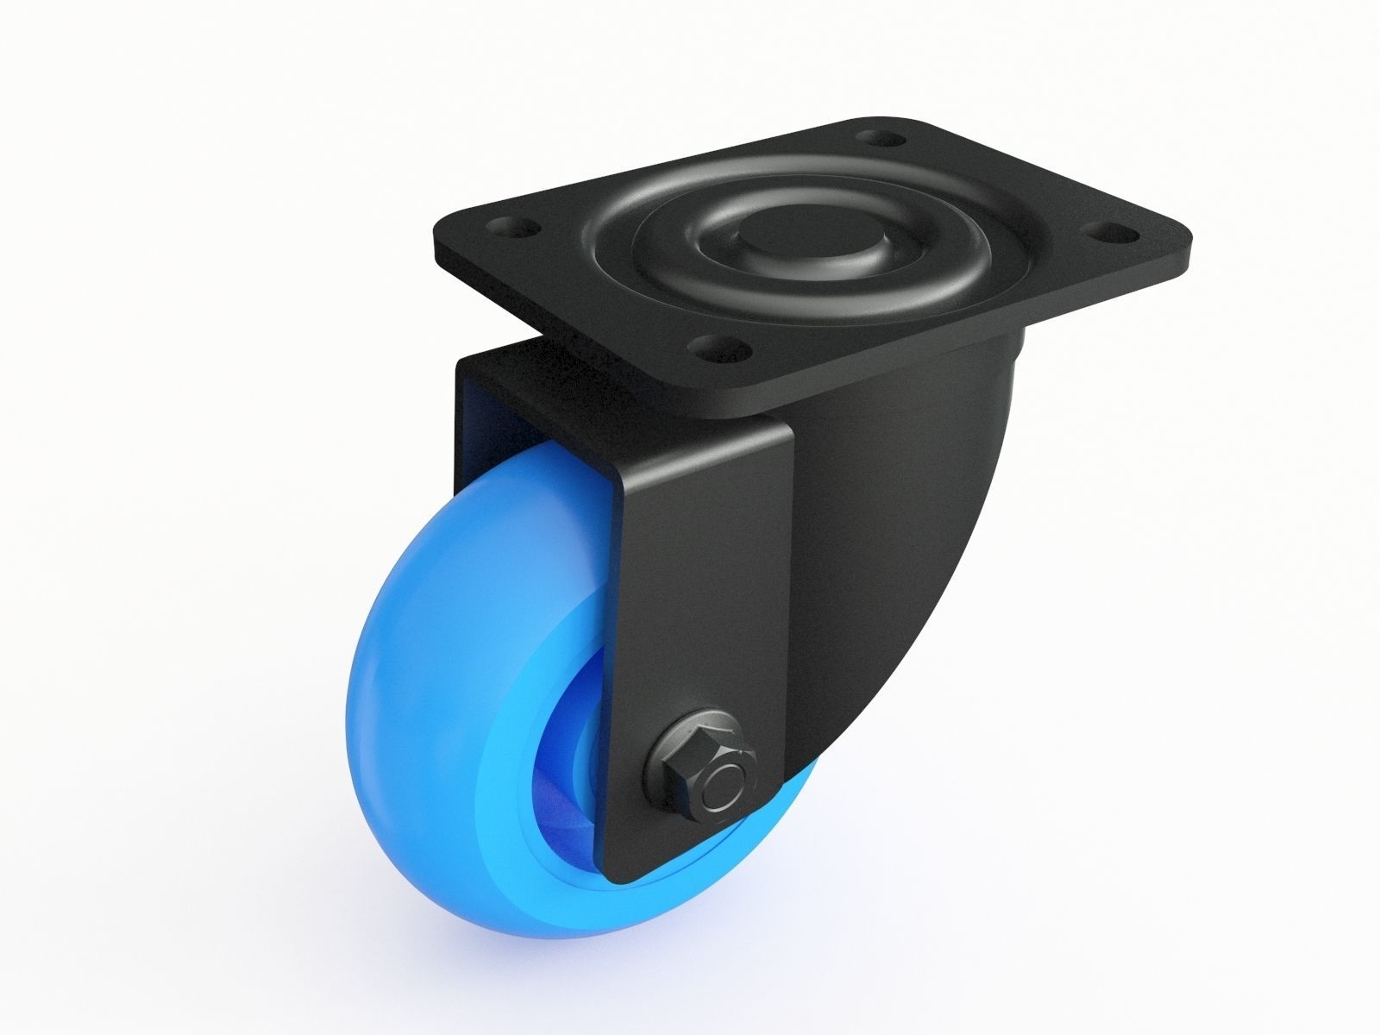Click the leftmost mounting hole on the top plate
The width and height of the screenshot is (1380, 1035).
click(514, 229)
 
